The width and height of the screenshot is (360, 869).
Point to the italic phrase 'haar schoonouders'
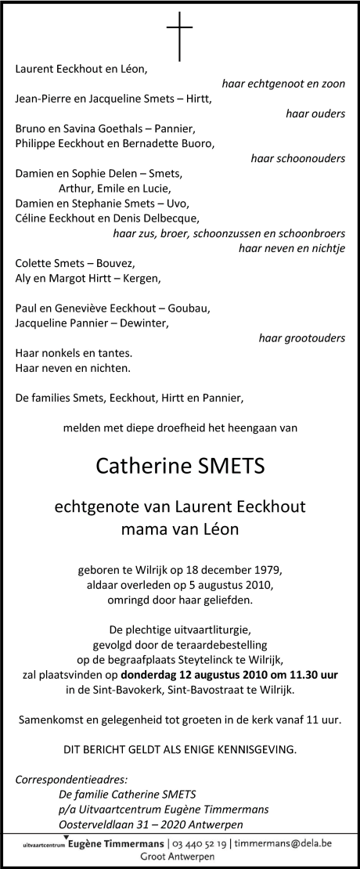297,159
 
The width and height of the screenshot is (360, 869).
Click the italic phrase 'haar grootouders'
301,338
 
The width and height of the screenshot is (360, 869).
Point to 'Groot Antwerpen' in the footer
180,857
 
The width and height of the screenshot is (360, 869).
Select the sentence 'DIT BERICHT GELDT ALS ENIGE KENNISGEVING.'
180,749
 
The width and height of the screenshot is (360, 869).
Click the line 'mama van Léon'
180,529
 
